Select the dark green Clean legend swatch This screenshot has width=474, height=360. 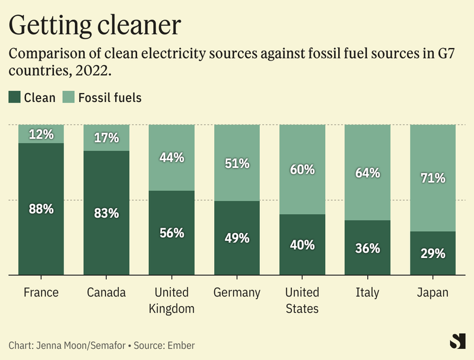point(15,97)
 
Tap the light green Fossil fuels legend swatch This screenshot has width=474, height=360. point(69,97)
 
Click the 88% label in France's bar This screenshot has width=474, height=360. point(42,209)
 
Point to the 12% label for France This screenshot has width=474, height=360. point(42,134)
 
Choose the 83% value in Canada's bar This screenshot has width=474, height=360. point(107,212)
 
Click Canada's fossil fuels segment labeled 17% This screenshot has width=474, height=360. point(107,138)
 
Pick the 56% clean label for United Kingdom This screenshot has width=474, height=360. point(172,232)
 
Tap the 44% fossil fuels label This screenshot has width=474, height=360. point(172,158)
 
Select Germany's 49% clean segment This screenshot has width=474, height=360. point(237,238)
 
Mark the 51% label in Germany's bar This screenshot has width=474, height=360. point(237,163)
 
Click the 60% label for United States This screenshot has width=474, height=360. point(303,170)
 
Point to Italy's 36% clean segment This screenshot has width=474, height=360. point(368,248)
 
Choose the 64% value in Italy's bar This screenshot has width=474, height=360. point(368,173)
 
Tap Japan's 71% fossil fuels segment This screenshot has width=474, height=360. point(433,178)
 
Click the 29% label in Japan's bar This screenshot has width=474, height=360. point(433,253)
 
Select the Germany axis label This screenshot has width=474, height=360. point(237,292)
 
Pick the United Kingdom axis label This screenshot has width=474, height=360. point(172,300)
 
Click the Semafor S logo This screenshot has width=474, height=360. point(456,342)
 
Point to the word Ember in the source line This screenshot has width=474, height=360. point(181,345)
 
